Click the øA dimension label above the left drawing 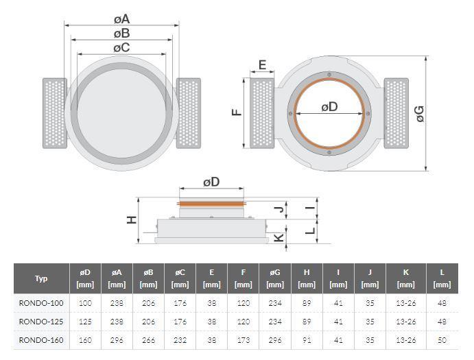pyautogui.click(x=122, y=19)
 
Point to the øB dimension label pyautogui.click(x=122, y=34)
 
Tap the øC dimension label pyautogui.click(x=122, y=47)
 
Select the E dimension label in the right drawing pyautogui.click(x=263, y=64)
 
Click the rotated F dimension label pyautogui.click(x=237, y=112)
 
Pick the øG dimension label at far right pyautogui.click(x=420, y=114)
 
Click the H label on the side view pyautogui.click(x=132, y=219)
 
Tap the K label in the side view pyautogui.click(x=279, y=237)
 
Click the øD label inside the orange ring pyautogui.click(x=329, y=107)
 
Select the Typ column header pyautogui.click(x=41, y=278)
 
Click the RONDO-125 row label pyautogui.click(x=41, y=322)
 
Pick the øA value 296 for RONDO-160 pyautogui.click(x=117, y=340)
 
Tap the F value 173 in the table pyautogui.click(x=244, y=340)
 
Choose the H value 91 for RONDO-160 pyautogui.click(x=307, y=340)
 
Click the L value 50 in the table pyautogui.click(x=442, y=340)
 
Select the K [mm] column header pyautogui.click(x=405, y=278)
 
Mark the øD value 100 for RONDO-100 pyautogui.click(x=85, y=303)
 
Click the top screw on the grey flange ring pyautogui.click(x=329, y=74)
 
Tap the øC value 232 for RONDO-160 pyautogui.click(x=180, y=340)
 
